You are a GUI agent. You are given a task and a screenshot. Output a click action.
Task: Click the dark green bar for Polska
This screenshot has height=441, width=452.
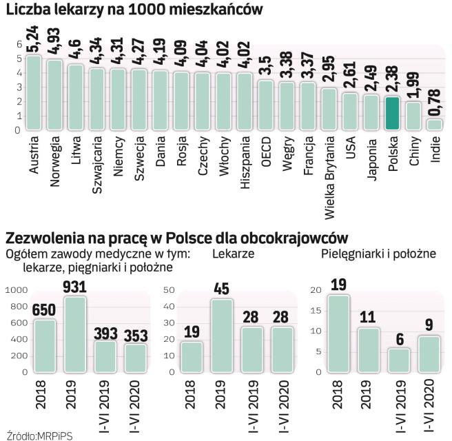tap(392, 113)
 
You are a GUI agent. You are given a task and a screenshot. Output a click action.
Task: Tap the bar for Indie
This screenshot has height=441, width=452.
tap(435, 125)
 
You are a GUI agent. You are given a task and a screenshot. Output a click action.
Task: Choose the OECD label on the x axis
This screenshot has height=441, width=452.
tap(266, 150)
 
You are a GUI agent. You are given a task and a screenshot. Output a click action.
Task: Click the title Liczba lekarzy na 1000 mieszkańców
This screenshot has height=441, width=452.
tap(141, 10)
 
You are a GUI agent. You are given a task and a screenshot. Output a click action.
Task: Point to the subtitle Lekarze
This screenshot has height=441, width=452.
tap(233, 254)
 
